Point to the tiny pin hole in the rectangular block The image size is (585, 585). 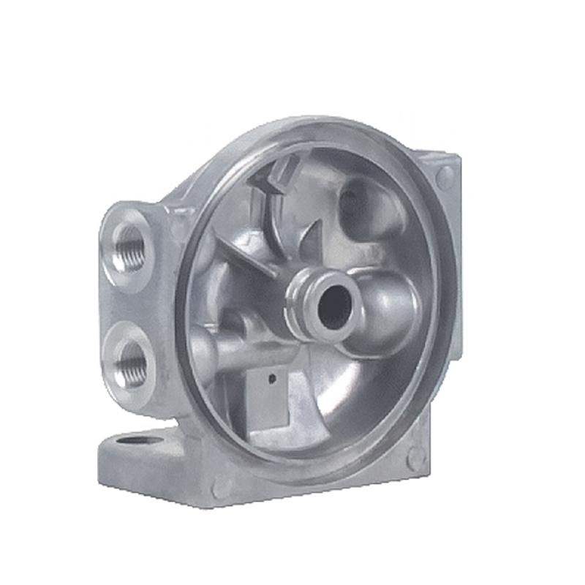pyautogui.click(x=272, y=377)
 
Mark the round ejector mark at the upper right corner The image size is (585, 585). pyautogui.click(x=445, y=175)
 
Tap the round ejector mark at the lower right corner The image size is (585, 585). pyautogui.click(x=415, y=458)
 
